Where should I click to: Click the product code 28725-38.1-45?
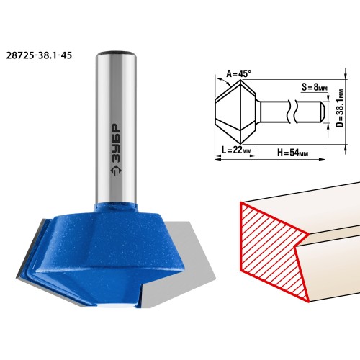click(x=39, y=55)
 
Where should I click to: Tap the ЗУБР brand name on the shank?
click(x=116, y=143)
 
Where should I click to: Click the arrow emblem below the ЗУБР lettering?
click(x=116, y=171)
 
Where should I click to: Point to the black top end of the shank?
click(x=117, y=52)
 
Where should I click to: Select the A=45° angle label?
click(x=239, y=74)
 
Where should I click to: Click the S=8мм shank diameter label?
click(x=315, y=87)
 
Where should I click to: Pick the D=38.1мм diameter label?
click(x=340, y=108)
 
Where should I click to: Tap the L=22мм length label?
click(x=236, y=150)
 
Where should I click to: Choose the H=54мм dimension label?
click(x=293, y=152)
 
